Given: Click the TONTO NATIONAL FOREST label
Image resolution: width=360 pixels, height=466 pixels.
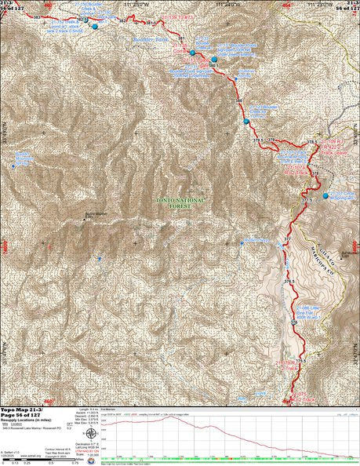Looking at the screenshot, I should (x=181, y=203).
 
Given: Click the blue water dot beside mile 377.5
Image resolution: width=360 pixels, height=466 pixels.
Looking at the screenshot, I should (x=326, y=195).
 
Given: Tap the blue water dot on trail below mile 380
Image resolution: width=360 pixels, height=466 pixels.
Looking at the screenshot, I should (x=246, y=122).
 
